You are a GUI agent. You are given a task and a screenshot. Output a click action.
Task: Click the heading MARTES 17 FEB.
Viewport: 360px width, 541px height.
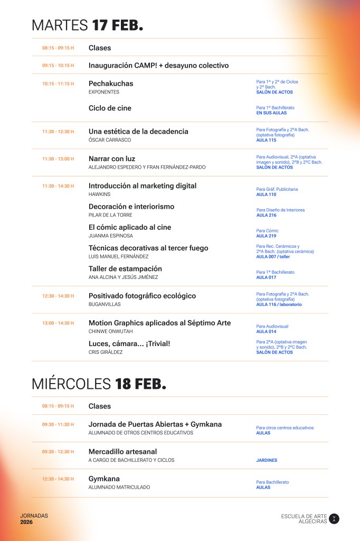point(87,25)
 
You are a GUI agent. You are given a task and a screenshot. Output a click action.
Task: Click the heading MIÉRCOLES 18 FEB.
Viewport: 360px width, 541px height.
point(99,384)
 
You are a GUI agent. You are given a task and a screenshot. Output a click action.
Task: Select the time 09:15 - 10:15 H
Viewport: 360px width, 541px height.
point(58,66)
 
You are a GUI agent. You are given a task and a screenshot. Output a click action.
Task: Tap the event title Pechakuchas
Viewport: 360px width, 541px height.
point(111,83)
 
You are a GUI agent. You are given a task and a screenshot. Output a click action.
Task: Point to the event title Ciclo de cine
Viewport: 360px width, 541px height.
point(110,108)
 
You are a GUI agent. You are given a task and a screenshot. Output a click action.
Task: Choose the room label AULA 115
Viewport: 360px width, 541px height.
point(266,140)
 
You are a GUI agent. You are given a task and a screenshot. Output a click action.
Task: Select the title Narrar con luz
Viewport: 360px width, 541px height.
point(112,158)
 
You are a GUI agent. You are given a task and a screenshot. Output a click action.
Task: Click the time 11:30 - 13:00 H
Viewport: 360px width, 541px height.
point(58,158)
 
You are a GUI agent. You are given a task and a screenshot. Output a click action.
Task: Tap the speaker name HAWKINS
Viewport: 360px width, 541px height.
point(99,194)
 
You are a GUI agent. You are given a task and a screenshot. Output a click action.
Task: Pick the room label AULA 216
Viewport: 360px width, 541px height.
point(266,215)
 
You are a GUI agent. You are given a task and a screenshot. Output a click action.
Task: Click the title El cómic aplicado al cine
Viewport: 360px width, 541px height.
point(130,227)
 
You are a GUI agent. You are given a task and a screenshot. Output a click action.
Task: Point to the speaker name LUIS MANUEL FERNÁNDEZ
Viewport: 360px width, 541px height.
point(118,256)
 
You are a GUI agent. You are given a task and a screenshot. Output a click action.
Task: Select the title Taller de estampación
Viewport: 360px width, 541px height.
point(125,268)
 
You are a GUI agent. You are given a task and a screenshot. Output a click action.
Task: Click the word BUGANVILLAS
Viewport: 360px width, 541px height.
point(105,304)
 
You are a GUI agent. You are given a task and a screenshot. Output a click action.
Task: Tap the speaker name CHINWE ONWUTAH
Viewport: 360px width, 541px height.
point(110,331)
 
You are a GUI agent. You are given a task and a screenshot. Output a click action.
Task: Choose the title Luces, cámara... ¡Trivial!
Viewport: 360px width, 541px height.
point(129,343)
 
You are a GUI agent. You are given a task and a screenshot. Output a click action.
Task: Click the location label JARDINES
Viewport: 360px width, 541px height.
point(267,460)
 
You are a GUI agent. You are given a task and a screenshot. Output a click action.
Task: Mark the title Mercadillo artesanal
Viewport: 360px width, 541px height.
point(122,452)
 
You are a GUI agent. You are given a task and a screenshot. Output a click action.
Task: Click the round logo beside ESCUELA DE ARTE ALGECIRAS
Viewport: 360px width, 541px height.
point(334,519)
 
